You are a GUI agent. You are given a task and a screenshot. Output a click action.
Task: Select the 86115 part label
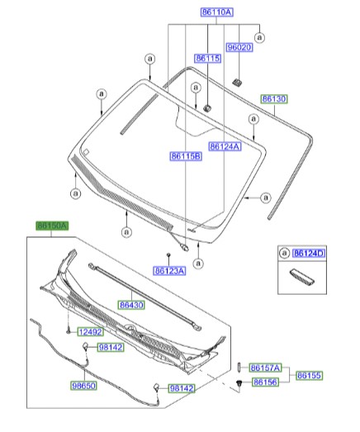(206, 58)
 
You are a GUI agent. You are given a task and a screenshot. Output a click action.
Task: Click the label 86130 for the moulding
(274, 99)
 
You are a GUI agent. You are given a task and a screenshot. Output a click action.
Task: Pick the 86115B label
(186, 155)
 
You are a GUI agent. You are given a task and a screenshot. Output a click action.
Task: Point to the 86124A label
(225, 146)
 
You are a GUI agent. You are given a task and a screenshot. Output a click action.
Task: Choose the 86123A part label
(169, 270)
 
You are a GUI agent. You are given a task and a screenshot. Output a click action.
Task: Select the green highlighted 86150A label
(51, 225)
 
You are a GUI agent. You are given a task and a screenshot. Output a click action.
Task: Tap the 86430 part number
(130, 305)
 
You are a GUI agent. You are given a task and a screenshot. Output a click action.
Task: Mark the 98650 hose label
(84, 385)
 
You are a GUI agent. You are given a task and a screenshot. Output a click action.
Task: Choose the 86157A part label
(266, 367)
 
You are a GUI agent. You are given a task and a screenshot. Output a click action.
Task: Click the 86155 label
(310, 375)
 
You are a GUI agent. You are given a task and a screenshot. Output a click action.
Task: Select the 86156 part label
(264, 382)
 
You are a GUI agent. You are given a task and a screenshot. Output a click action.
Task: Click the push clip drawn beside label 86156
(239, 384)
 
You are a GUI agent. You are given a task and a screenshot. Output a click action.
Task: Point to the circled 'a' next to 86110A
(259, 36)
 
